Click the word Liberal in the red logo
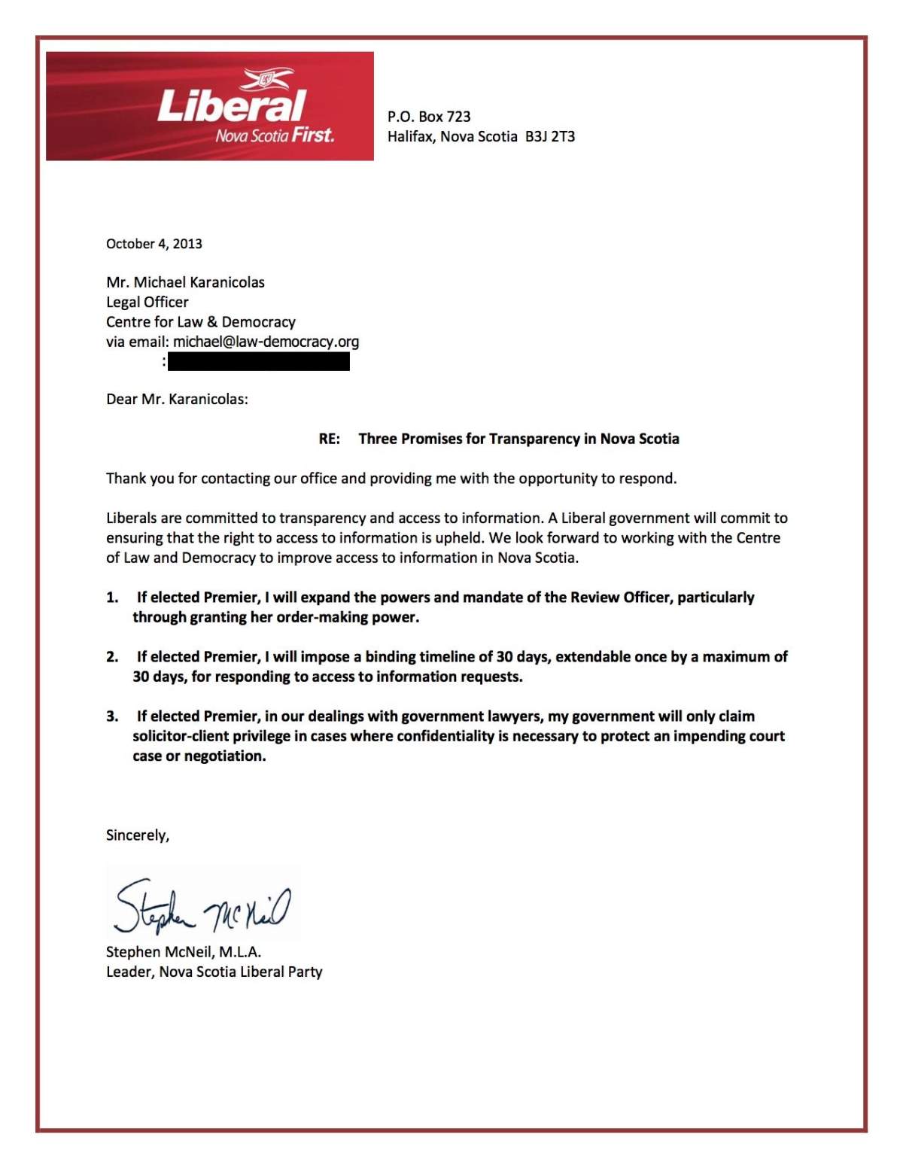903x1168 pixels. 231,106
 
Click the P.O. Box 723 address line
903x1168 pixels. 429,117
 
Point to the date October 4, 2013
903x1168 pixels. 154,244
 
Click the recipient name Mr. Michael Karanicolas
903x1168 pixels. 185,282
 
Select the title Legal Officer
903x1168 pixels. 147,302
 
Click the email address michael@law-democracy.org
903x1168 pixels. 266,342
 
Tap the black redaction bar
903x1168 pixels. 258,362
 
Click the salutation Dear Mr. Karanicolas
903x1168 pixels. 177,399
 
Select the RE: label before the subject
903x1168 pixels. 329,439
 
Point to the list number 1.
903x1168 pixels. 112,598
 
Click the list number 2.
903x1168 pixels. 112,657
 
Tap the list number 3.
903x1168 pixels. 112,716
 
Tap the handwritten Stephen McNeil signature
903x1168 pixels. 202,905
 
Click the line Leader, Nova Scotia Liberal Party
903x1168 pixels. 214,972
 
